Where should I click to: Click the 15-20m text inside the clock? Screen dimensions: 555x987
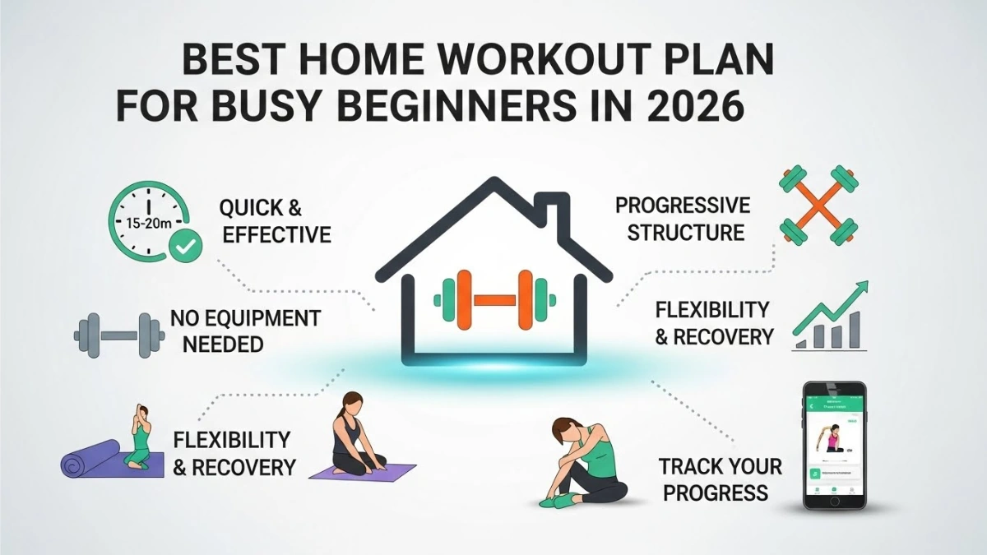[145, 224]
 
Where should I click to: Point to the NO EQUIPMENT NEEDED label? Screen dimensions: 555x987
[244, 331]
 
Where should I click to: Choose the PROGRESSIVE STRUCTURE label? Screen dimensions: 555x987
[683, 218]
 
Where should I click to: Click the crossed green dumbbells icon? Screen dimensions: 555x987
[819, 206]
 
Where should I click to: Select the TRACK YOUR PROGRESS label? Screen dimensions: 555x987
[719, 479]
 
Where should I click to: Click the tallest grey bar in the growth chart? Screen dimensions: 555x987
[855, 330]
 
